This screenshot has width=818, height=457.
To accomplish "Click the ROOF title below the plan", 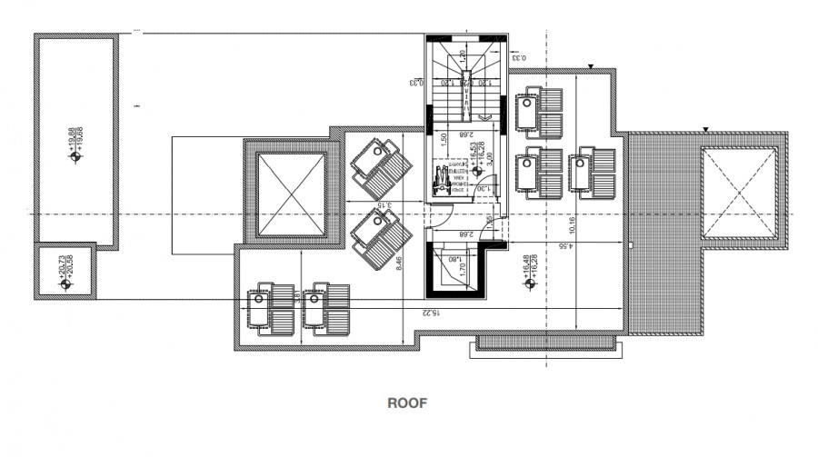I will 408,401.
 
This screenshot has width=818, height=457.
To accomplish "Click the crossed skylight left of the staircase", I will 292,195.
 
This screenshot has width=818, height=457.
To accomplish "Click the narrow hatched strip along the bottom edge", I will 547,343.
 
